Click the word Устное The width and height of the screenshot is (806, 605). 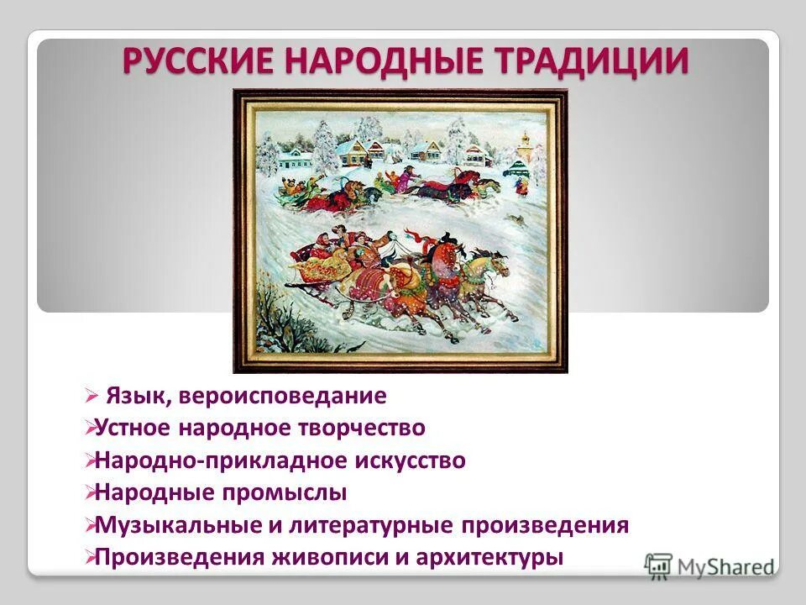click(134, 428)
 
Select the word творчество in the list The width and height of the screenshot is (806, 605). click(363, 428)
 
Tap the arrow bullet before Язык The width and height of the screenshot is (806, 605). click(92, 395)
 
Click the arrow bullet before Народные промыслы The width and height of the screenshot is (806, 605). click(90, 493)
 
